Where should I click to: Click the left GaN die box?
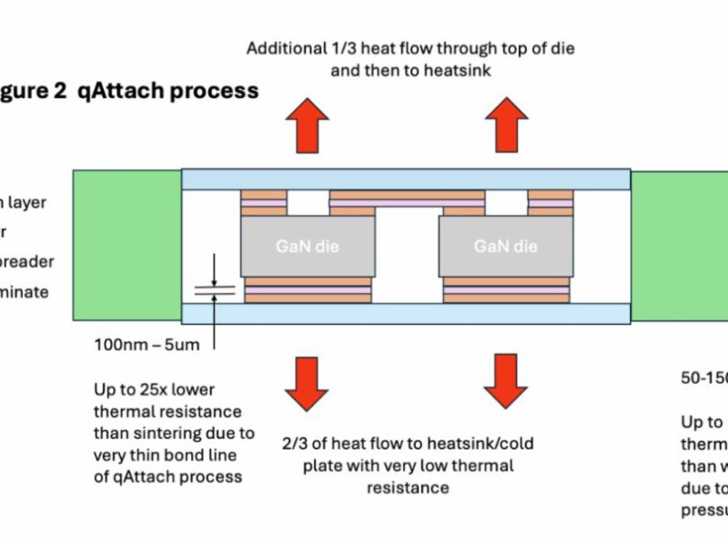tap(307, 246)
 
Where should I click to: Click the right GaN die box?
tap(505, 246)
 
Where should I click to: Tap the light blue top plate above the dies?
tap(405, 179)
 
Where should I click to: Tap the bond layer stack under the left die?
tap(307, 290)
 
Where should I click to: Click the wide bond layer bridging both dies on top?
tap(405, 202)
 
